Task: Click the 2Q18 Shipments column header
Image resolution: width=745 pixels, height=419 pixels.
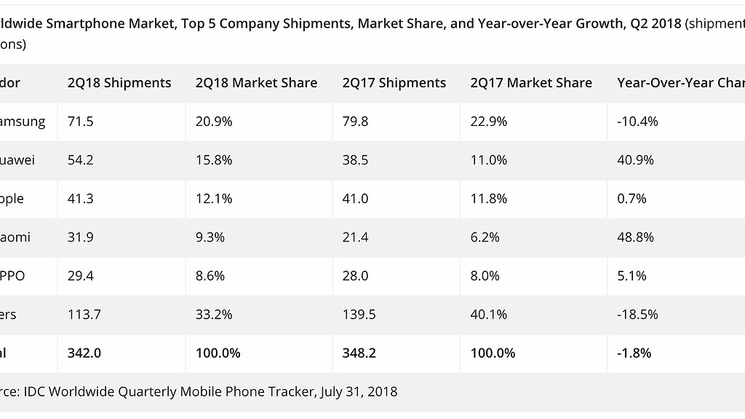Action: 119,83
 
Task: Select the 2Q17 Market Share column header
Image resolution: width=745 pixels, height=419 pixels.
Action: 531,83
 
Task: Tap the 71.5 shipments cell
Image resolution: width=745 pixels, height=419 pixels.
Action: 80,121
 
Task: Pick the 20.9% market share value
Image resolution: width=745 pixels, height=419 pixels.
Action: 214,121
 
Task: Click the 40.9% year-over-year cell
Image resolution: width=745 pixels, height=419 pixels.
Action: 635,160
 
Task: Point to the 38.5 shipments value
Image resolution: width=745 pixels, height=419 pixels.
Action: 355,160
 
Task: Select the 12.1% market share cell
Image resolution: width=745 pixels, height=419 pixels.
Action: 214,199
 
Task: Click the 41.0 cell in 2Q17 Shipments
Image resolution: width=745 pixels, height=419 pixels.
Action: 355,199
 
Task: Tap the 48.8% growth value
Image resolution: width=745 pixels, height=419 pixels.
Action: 635,237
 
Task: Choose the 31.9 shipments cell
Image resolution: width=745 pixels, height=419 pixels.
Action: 80,237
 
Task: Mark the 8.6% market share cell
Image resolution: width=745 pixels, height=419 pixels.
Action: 210,276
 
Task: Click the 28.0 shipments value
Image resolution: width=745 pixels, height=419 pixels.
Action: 355,276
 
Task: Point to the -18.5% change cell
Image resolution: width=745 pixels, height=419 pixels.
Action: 637,314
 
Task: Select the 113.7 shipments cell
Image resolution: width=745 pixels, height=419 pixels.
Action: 84,314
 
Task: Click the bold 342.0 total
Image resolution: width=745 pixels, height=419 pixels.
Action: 84,353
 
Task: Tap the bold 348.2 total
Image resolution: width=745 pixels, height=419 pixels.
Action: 359,353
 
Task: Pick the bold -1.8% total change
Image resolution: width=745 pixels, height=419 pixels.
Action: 634,353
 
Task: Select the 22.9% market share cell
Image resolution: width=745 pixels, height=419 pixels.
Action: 488,121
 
